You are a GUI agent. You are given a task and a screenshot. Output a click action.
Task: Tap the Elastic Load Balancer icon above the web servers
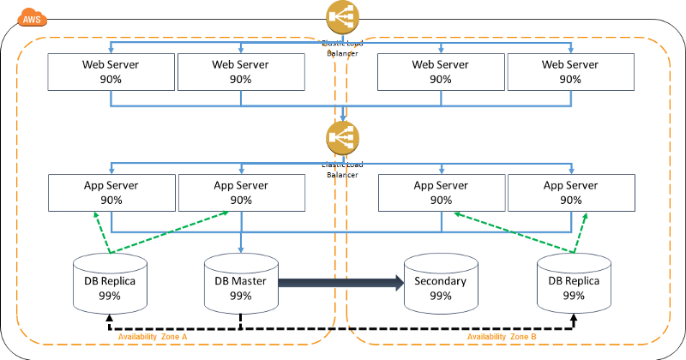tap(343, 17)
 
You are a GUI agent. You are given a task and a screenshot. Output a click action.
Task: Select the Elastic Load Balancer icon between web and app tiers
tap(343, 138)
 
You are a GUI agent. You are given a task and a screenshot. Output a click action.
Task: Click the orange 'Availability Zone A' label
tap(152, 337)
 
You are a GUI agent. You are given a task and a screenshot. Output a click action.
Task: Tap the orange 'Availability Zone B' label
tap(502, 337)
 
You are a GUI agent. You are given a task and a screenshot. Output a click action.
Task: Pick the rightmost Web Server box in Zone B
tap(570, 71)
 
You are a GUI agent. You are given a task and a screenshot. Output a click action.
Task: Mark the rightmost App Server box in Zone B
tap(570, 192)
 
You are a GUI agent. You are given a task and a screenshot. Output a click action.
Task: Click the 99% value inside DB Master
tap(241, 296)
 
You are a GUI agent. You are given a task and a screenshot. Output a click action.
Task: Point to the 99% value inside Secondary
tap(440, 296)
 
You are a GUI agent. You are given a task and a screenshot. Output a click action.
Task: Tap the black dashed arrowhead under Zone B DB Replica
tap(573, 318)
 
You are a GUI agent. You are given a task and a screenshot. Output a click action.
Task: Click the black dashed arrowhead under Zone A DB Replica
tap(109, 318)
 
